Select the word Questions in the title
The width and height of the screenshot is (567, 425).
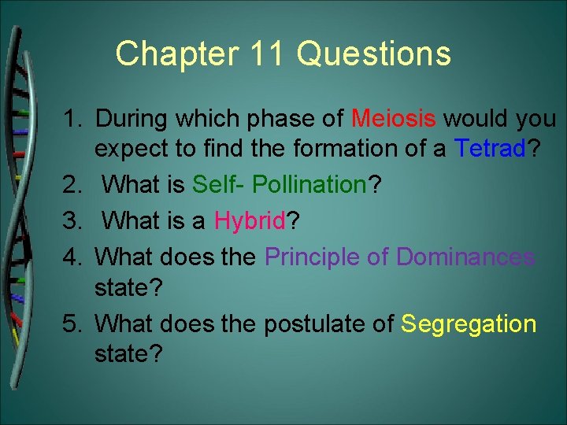click(374, 54)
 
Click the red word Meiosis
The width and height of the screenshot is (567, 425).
click(394, 120)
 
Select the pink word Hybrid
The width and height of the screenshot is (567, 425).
click(249, 221)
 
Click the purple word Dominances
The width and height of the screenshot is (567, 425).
click(465, 257)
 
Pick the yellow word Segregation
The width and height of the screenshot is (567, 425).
click(469, 323)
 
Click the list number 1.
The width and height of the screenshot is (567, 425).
click(73, 120)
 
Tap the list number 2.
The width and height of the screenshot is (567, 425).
click(73, 185)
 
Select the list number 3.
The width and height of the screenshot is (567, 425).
click(73, 221)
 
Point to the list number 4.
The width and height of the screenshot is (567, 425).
click(73, 257)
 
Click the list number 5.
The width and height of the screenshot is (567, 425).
click(73, 323)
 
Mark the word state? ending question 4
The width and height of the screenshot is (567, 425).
click(128, 287)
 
